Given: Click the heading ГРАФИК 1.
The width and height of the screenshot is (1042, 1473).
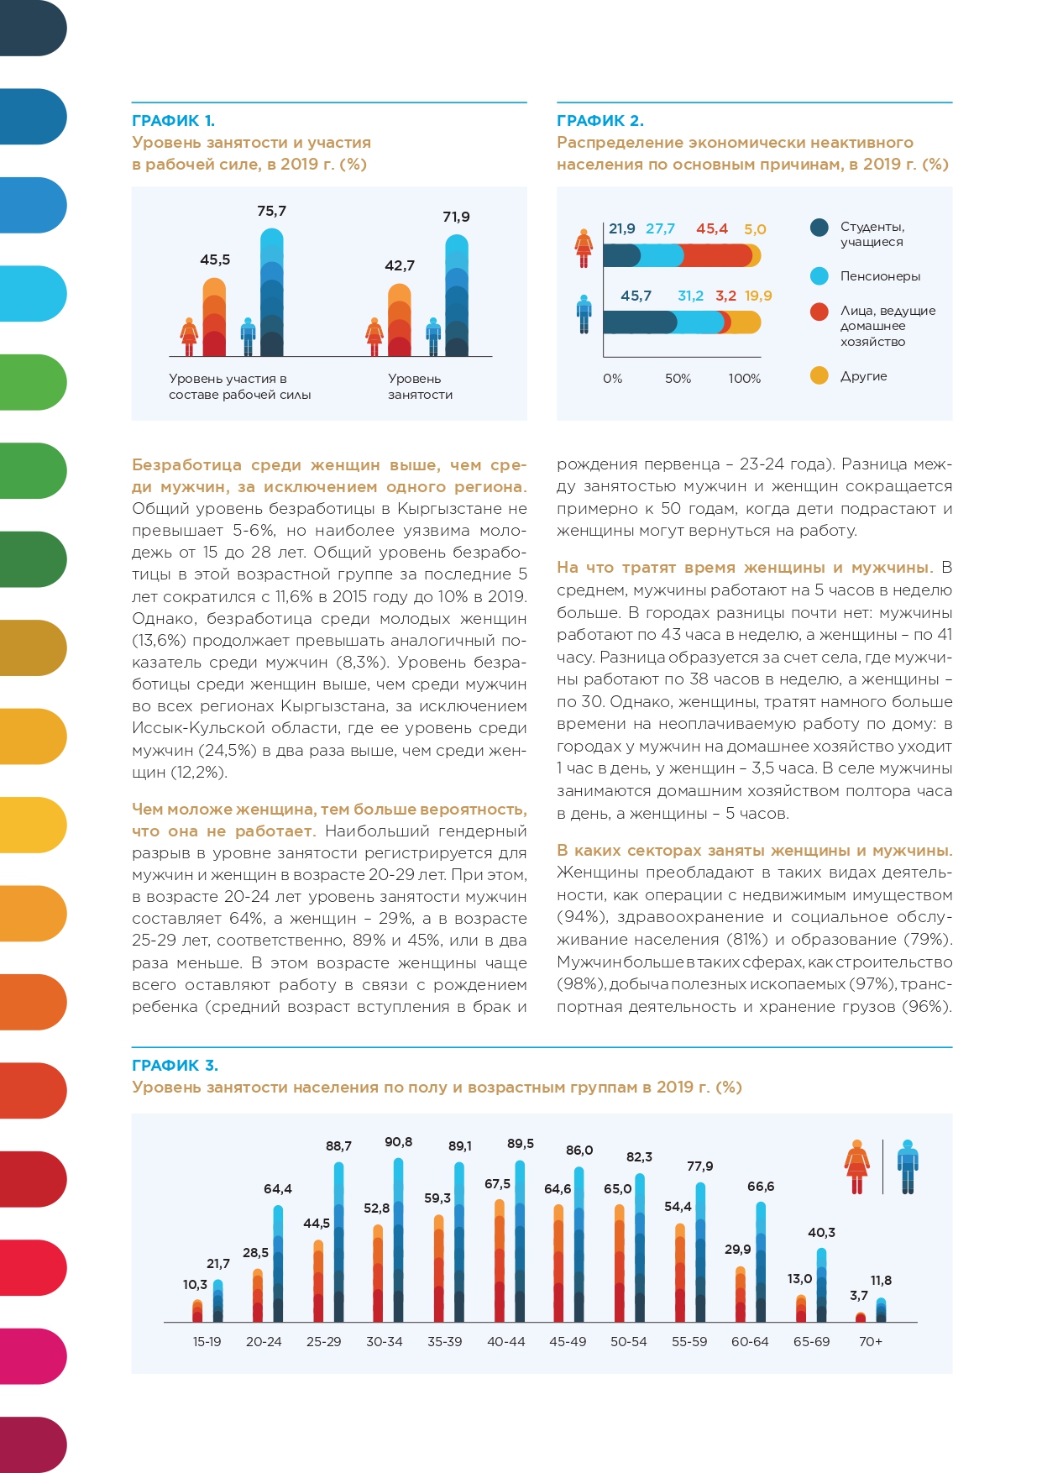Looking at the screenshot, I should (x=173, y=120).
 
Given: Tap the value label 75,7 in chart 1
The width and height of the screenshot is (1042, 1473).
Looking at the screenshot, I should (x=271, y=211).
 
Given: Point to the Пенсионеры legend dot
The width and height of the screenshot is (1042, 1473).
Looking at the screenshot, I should (x=819, y=276).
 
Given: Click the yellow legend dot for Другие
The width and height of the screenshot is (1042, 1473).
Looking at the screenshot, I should (x=819, y=376).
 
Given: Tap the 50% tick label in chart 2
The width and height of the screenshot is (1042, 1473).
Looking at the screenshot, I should (x=678, y=379).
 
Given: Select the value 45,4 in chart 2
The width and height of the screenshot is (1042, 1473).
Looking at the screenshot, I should (x=711, y=228).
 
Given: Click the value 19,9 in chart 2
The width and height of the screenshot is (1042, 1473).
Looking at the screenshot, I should (x=758, y=296).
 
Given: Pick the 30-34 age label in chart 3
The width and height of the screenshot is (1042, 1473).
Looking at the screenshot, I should (x=385, y=1342).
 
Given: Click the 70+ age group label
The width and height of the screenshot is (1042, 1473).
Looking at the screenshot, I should (x=871, y=1342).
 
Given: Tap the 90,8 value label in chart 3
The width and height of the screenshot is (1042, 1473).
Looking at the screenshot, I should (x=398, y=1142).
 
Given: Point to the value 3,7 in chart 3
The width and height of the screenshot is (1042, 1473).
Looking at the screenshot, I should (x=859, y=1296).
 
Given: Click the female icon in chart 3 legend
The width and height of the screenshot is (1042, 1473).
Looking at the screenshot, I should (x=856, y=1166).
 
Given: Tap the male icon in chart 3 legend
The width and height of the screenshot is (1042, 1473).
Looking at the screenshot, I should (x=908, y=1166).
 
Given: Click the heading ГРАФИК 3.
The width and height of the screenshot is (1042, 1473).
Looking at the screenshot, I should (x=175, y=1065).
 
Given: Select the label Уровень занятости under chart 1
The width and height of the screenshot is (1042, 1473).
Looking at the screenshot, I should (x=420, y=386).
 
